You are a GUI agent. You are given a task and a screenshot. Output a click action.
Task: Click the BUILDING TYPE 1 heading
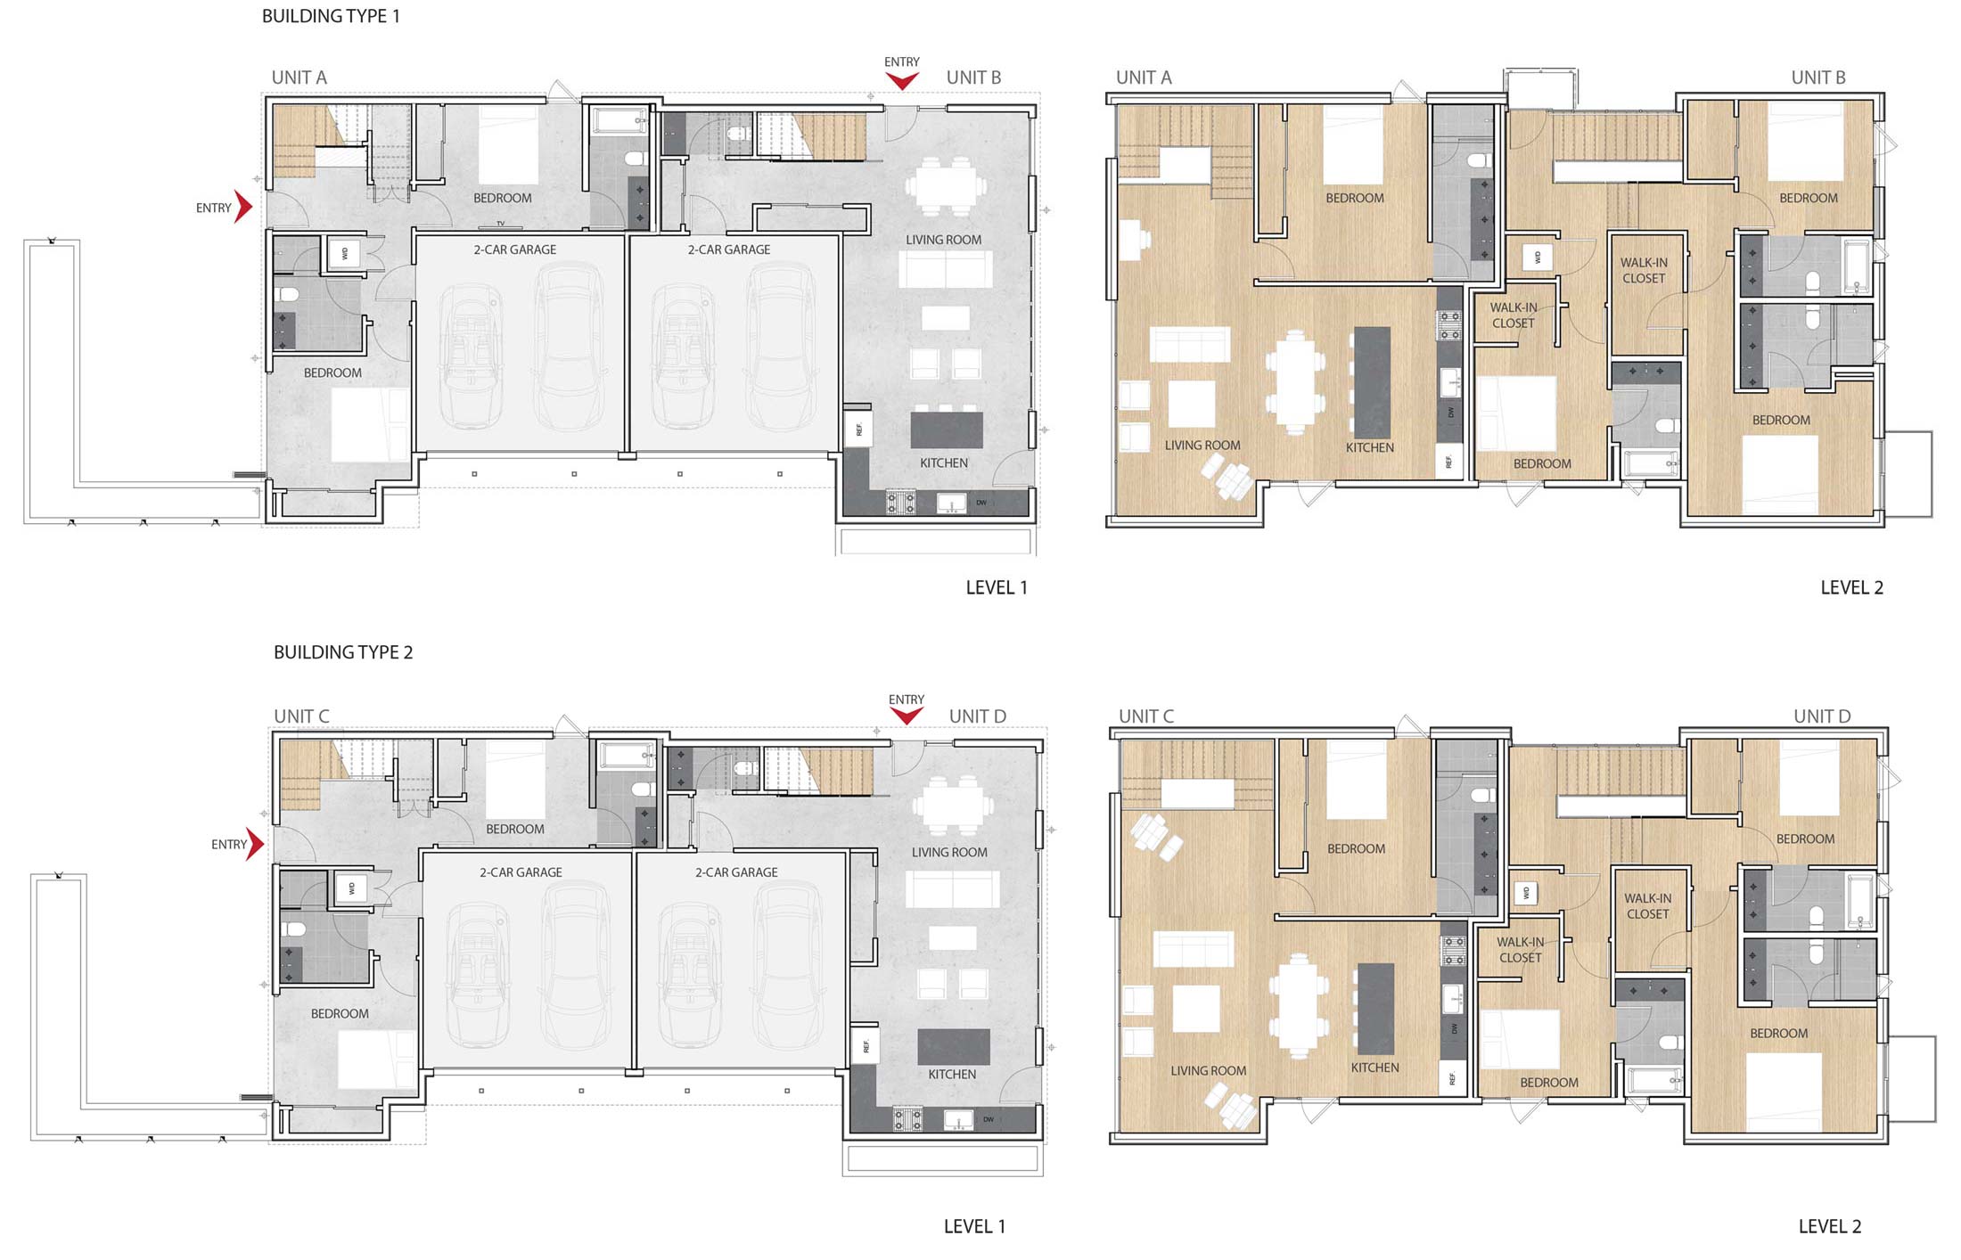tap(331, 16)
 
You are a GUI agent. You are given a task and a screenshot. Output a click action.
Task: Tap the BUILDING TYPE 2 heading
tap(343, 652)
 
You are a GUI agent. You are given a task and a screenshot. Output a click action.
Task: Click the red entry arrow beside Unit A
tap(243, 207)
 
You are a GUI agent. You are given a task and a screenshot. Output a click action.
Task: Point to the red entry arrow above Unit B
tap(902, 81)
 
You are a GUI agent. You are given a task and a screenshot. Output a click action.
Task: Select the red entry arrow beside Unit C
tap(256, 844)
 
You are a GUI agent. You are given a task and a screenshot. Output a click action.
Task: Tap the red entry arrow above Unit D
tap(907, 716)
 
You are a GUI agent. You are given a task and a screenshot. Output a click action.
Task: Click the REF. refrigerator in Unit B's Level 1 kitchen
tap(858, 430)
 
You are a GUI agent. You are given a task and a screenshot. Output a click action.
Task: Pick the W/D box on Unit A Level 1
tap(345, 253)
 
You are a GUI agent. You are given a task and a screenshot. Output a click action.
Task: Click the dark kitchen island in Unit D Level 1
tap(954, 1047)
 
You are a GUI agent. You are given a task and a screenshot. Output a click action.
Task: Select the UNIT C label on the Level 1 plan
tap(301, 716)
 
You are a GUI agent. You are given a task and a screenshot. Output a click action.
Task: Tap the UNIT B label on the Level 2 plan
tap(1818, 78)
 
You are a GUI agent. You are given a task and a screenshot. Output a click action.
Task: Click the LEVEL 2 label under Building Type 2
tap(1830, 1226)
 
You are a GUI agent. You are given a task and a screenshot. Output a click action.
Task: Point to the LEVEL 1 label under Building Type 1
tap(997, 587)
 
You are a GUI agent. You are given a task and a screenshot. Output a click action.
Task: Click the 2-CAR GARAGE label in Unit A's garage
tap(515, 250)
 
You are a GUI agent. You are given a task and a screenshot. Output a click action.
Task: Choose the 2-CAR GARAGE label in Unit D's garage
tap(736, 872)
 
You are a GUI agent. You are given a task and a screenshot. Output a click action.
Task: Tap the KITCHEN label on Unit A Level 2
tap(1370, 447)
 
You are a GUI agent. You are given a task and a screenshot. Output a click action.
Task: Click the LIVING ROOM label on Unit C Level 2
tap(1209, 1070)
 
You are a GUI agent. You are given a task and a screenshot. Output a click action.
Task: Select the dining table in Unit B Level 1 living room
tap(946, 186)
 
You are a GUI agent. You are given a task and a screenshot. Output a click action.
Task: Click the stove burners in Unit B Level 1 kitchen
tap(900, 503)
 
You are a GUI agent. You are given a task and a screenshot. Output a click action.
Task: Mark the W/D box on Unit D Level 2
tap(1526, 892)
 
